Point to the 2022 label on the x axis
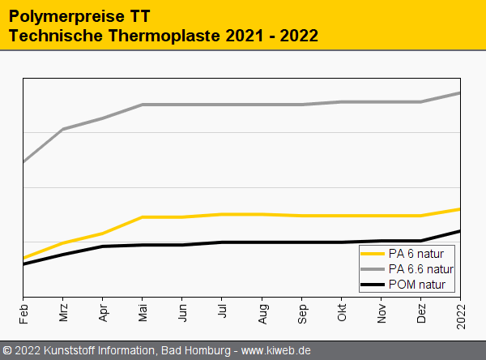(x=461, y=313)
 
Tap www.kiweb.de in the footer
(x=276, y=350)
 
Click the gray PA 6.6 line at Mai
(x=143, y=105)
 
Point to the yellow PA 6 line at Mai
(x=143, y=217)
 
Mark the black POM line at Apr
(x=104, y=246)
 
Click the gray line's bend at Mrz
(x=63, y=129)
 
